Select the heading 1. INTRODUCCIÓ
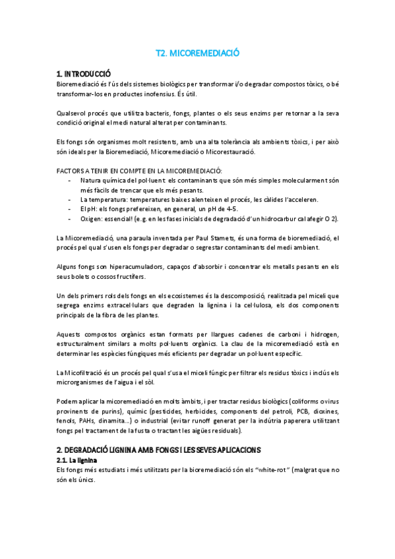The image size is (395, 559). [84, 73]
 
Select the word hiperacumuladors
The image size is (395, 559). [129, 266]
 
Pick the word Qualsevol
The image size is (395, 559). [75, 113]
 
